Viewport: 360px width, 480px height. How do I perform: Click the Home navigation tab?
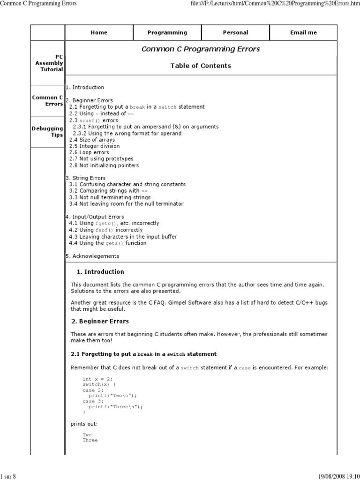(99, 33)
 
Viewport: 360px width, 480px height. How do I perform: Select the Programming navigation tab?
(167, 33)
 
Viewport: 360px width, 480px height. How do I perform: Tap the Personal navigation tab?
(235, 33)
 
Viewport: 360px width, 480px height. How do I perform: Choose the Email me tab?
(303, 33)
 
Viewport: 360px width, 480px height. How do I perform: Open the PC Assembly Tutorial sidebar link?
(49, 63)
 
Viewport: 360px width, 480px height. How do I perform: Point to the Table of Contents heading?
(201, 66)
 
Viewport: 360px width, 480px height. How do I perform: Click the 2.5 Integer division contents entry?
(94, 146)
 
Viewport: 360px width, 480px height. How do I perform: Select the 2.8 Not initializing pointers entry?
(104, 165)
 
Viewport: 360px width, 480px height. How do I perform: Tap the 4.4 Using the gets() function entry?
(107, 243)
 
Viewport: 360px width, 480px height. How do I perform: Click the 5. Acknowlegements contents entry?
(92, 256)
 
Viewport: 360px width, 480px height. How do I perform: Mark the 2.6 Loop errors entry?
(89, 153)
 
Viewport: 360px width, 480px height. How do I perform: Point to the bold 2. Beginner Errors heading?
(100, 322)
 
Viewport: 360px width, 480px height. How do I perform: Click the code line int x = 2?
(97, 379)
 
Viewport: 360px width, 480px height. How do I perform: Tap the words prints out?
(84, 424)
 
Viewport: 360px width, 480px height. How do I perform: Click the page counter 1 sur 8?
(8, 476)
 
